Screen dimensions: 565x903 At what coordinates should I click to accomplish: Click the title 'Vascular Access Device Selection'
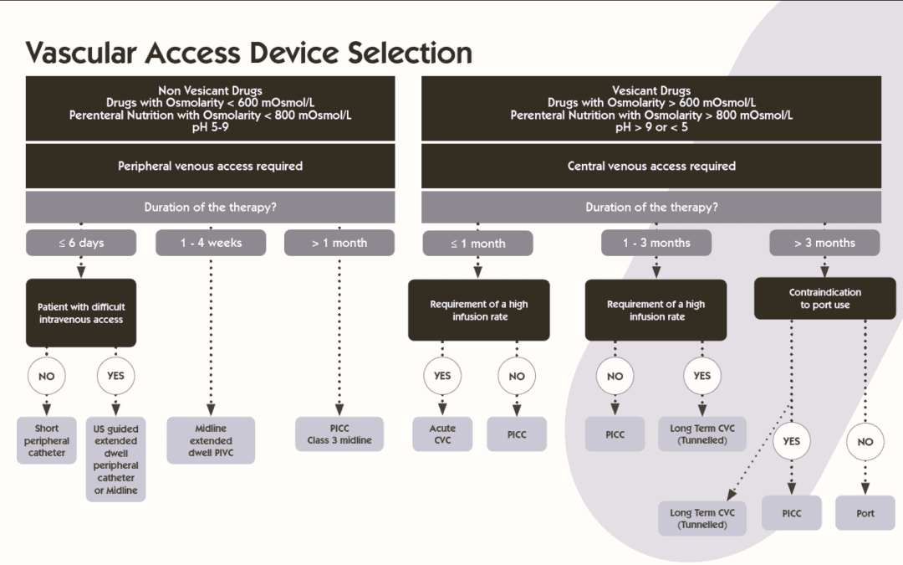tap(248, 52)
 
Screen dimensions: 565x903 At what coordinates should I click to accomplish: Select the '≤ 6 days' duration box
tap(81, 243)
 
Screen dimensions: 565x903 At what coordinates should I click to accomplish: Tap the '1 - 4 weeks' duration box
tap(211, 243)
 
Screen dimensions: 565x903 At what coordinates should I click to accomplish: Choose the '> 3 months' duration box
tap(824, 243)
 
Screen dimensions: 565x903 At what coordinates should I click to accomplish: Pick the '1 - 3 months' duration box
tap(656, 243)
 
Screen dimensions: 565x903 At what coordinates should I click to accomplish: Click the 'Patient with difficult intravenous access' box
tap(81, 313)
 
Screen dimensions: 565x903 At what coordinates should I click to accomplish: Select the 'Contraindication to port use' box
tap(824, 299)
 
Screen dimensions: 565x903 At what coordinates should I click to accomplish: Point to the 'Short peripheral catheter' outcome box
tap(47, 440)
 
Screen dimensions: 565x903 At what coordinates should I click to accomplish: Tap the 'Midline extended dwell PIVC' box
tap(211, 440)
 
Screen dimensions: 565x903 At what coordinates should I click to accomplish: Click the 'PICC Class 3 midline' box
tap(339, 434)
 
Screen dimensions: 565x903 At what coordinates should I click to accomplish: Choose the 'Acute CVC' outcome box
tap(442, 434)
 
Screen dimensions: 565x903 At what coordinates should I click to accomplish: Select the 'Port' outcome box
tap(865, 513)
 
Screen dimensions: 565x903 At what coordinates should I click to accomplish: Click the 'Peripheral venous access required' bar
tap(210, 166)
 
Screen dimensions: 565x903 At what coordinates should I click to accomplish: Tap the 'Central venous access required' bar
tap(651, 166)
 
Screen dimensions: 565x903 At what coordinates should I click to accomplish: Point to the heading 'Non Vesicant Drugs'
tap(210, 90)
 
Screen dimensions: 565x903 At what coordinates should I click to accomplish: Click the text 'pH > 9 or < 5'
tap(651, 127)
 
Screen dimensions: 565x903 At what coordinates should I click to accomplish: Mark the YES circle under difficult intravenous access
tap(115, 376)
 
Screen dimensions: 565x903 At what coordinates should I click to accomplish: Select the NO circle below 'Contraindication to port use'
tap(865, 441)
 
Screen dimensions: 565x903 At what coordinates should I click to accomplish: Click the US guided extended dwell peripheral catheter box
tap(115, 460)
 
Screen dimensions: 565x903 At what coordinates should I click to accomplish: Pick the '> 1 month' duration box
tap(339, 243)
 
